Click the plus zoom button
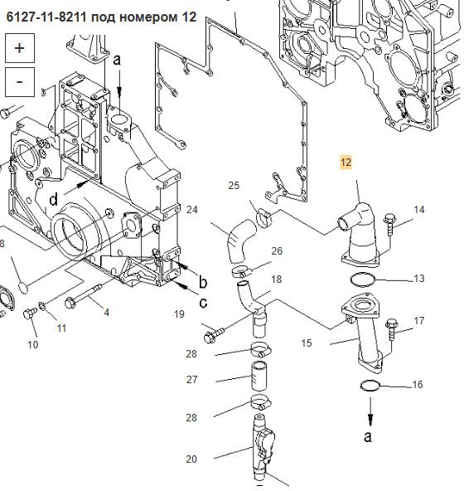tap(20, 48)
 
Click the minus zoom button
tap(20, 82)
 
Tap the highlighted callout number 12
tap(346, 163)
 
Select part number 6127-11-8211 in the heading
tap(46, 17)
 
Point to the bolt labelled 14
tap(390, 224)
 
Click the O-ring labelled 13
tap(362, 279)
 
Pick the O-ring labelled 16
tap(370, 386)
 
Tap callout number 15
tap(307, 343)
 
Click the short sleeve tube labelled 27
tap(259, 376)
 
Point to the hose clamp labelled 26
tap(243, 270)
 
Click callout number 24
tap(192, 210)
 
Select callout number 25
tap(234, 186)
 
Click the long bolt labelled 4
tap(83, 296)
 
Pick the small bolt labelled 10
tap(30, 313)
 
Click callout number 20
tap(191, 459)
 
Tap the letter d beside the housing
tap(54, 198)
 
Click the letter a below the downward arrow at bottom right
tap(368, 436)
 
